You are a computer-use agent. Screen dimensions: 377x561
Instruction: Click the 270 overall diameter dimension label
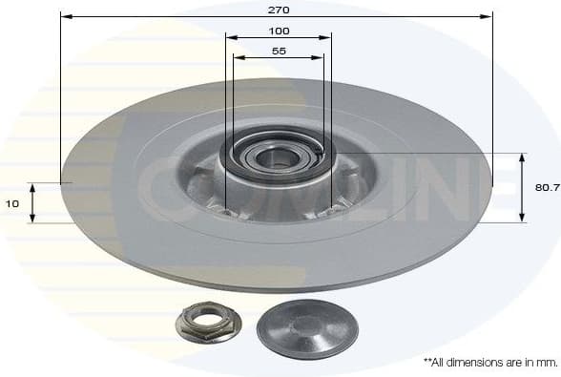point(279,9)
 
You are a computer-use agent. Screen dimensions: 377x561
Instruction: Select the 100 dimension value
point(279,31)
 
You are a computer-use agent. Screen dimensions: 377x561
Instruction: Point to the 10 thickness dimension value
point(11,203)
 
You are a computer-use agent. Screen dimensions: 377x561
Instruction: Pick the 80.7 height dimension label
point(547,188)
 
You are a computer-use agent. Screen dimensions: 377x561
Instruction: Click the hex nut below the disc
point(208,323)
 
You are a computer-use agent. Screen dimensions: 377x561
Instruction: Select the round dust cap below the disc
point(307,328)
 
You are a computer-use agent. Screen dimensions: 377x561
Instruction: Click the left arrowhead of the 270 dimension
point(64,16)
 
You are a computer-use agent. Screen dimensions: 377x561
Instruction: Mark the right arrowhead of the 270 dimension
point(488,16)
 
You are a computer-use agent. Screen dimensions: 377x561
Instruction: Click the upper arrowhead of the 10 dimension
point(31,187)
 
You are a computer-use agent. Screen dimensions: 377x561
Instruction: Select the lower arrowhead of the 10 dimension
point(31,219)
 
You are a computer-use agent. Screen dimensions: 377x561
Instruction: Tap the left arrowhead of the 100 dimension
point(229,37)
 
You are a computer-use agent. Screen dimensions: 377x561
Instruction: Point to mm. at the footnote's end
point(546,363)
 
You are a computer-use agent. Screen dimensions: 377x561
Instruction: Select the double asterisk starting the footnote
point(426,362)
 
